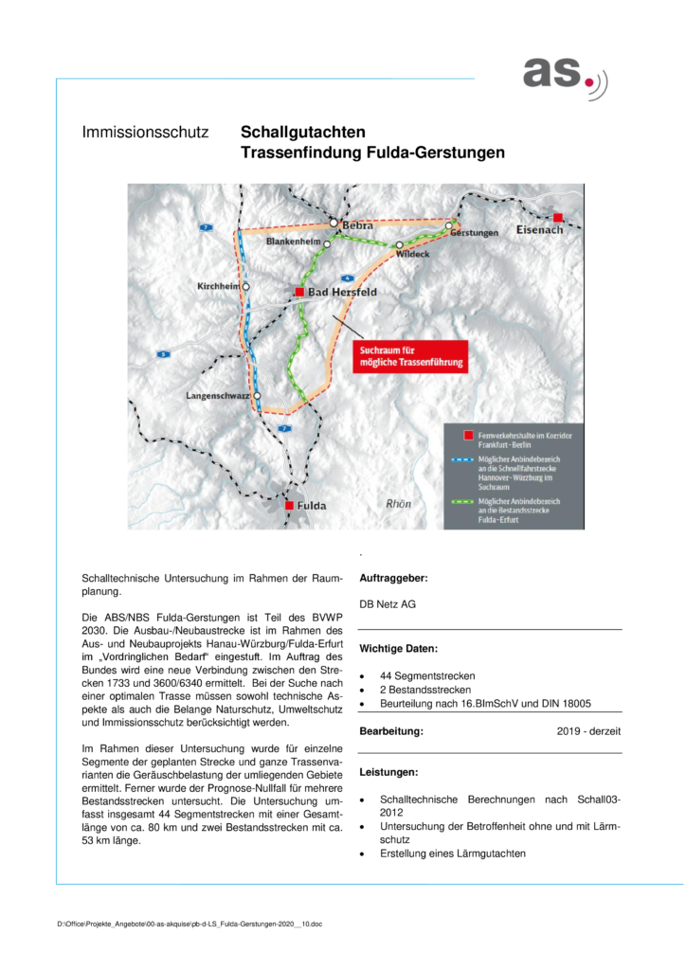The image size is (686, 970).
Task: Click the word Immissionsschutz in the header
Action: [x=145, y=133]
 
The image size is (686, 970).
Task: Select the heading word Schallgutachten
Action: [x=302, y=133]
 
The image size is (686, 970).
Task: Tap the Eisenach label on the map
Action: [x=539, y=230]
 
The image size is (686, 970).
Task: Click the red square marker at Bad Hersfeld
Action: [x=299, y=292]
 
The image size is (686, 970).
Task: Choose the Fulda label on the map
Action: [x=312, y=506]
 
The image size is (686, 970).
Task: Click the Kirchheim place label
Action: [x=219, y=285]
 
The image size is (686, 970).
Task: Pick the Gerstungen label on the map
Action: [x=475, y=233]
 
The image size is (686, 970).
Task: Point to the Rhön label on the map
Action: [x=398, y=504]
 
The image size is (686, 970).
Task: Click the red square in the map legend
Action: [x=466, y=436]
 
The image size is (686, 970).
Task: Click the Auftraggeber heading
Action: [x=393, y=578]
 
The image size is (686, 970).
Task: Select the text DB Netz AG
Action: [x=388, y=603]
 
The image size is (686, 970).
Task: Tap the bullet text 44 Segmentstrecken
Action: [x=428, y=675]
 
